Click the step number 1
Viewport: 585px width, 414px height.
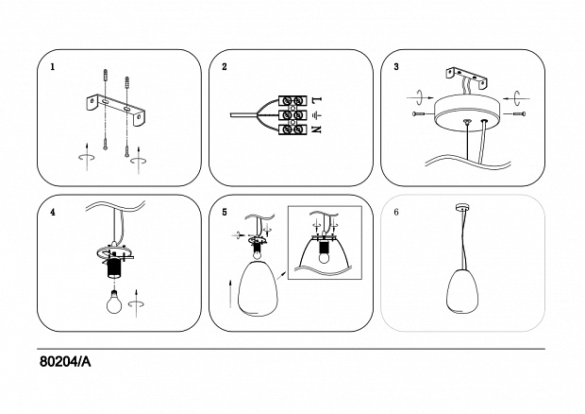(53, 68)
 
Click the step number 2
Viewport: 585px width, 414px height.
(225, 68)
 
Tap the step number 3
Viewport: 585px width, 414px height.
(396, 68)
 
